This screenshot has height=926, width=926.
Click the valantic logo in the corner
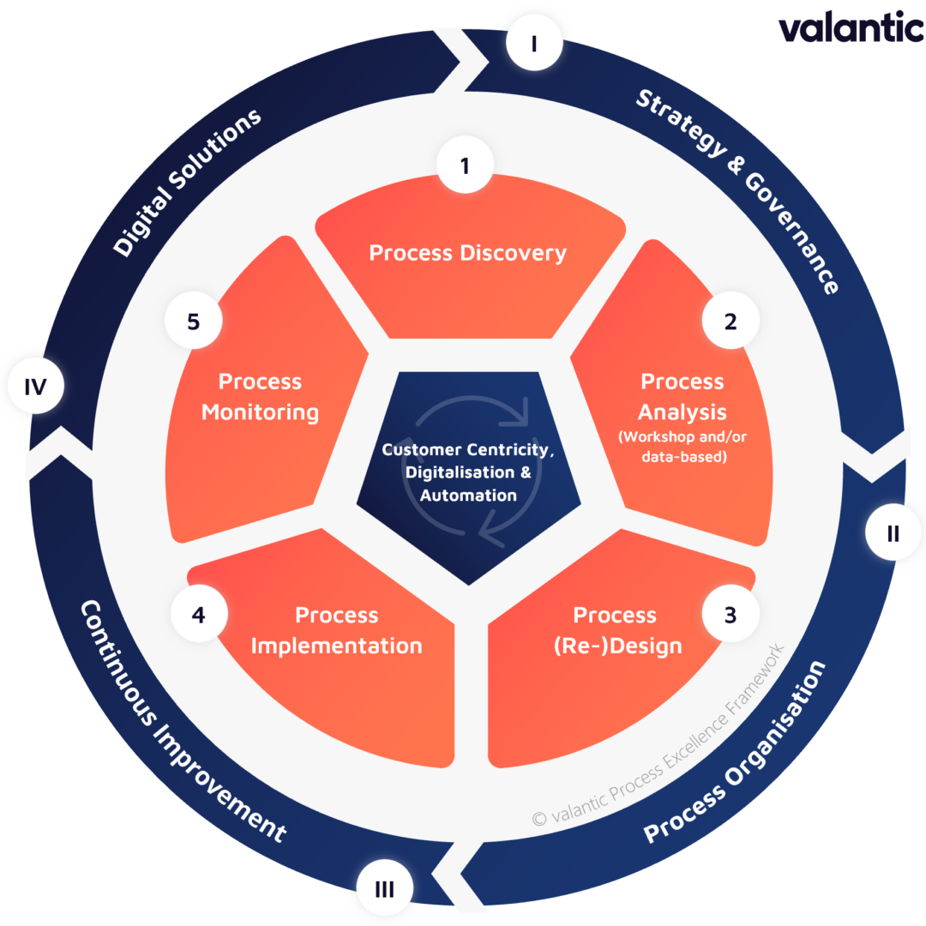(x=851, y=27)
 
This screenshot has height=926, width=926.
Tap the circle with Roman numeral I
(x=533, y=43)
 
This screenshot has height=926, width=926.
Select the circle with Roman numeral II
(x=893, y=533)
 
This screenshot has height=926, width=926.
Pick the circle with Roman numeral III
(x=384, y=889)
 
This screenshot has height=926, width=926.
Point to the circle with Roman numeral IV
(x=34, y=387)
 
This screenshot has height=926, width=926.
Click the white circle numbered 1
(x=465, y=166)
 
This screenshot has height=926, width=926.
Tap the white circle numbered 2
(x=731, y=322)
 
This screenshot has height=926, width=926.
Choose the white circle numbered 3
(x=730, y=615)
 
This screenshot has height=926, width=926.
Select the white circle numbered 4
(x=199, y=615)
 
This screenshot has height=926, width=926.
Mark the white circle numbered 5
(x=194, y=322)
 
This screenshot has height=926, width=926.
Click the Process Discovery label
(x=467, y=253)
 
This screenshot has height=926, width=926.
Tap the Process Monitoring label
(x=260, y=396)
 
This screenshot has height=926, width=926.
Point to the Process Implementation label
(x=336, y=630)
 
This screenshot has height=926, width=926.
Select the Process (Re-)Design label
(x=615, y=630)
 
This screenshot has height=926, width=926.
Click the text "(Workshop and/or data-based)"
(x=683, y=447)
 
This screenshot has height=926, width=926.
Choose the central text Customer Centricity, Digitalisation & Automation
(x=468, y=472)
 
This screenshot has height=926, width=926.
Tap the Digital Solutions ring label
(x=187, y=183)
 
